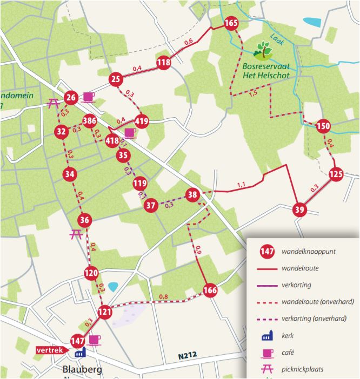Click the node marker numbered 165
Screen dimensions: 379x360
pyautogui.click(x=231, y=23)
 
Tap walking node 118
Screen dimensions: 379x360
pyautogui.click(x=164, y=63)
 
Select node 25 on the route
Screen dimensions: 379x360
pyautogui.click(x=115, y=80)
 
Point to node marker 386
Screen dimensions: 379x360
pyautogui.click(x=90, y=120)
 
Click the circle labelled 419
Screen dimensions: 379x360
pyautogui.click(x=142, y=121)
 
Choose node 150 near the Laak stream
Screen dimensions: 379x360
pyautogui.click(x=323, y=126)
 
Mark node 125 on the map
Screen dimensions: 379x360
pyautogui.click(x=336, y=174)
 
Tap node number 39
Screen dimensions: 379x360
pyautogui.click(x=299, y=209)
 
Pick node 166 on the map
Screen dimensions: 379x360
pyautogui.click(x=210, y=291)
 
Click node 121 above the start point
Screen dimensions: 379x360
pyautogui.click(x=105, y=312)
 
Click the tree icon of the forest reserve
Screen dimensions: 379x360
pyautogui.click(x=263, y=50)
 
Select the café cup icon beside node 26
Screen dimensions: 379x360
pyautogui.click(x=89, y=97)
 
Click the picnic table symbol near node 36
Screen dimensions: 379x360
pyautogui.click(x=76, y=234)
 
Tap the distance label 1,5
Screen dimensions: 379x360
pyautogui.click(x=252, y=92)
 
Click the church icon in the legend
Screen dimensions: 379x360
pyautogui.click(x=266, y=336)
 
